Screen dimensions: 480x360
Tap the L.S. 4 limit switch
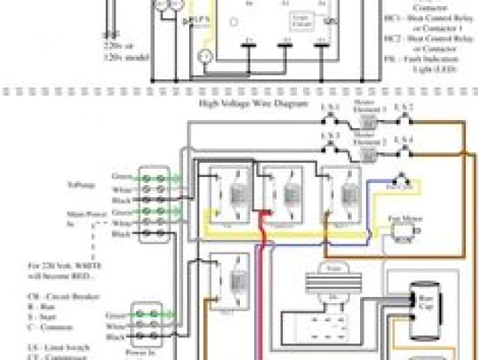(407, 147)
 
